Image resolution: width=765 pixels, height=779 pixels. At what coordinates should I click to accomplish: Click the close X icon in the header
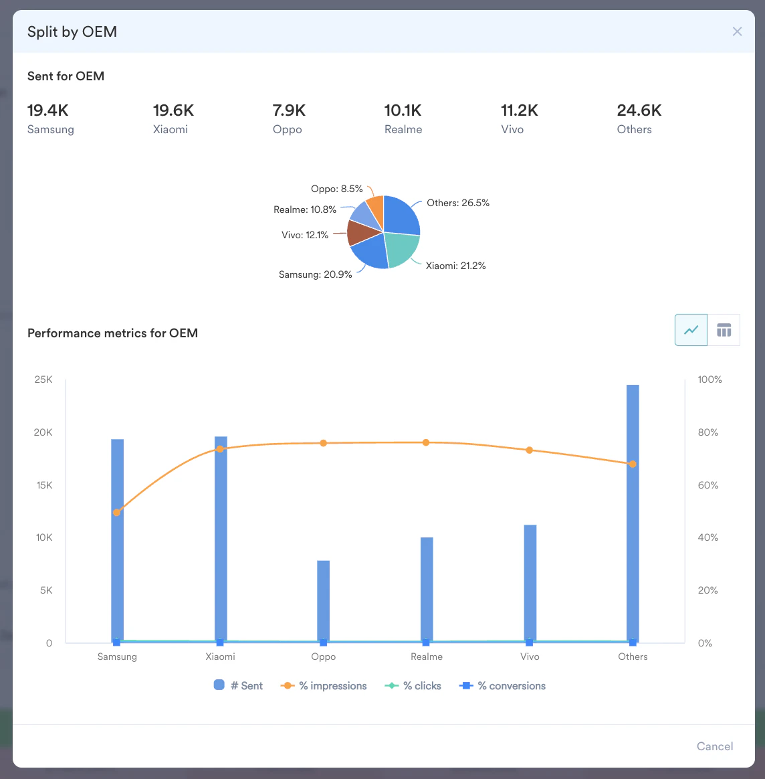click(x=737, y=31)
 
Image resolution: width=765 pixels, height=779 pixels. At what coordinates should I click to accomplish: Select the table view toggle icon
click(x=724, y=330)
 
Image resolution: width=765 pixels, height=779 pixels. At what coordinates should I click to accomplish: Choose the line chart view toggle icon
click(x=691, y=330)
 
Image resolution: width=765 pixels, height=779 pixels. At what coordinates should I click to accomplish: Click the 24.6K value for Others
click(x=639, y=110)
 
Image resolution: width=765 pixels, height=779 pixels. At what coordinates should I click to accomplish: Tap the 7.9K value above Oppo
click(x=289, y=110)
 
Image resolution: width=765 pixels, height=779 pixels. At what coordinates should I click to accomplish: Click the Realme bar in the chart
click(x=427, y=589)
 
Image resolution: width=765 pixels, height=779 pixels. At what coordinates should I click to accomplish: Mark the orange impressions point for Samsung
click(x=117, y=513)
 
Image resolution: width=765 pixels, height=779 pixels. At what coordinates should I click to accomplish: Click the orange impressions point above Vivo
click(x=530, y=450)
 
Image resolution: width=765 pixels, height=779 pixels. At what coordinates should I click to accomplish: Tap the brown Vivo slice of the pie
click(x=359, y=232)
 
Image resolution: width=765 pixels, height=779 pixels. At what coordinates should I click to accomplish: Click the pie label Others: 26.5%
click(x=458, y=203)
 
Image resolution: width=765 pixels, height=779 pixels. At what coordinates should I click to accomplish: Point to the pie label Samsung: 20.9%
click(x=315, y=274)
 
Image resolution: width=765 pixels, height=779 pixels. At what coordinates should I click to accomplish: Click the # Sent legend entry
click(x=239, y=686)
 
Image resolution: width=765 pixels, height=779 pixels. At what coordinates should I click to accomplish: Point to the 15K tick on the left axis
click(x=44, y=485)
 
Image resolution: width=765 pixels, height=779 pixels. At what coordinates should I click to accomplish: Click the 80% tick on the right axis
click(x=708, y=432)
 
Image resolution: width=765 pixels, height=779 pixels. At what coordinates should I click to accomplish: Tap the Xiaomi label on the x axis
click(x=220, y=657)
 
